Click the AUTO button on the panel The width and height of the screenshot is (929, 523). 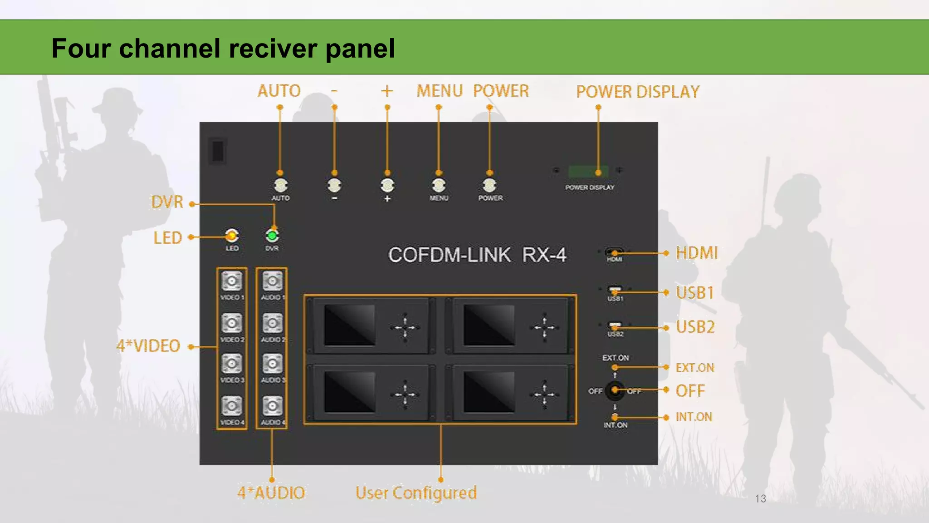(x=281, y=185)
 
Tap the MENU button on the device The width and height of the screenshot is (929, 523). (x=439, y=185)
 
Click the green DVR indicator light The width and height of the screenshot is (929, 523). (x=272, y=236)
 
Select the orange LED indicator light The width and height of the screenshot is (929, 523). (x=232, y=236)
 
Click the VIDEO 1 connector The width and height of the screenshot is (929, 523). (x=232, y=281)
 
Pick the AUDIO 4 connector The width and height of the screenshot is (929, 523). (x=273, y=406)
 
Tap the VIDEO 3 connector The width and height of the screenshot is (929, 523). (x=232, y=364)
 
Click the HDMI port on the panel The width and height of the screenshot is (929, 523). (x=614, y=253)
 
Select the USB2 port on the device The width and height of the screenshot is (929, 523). (x=615, y=327)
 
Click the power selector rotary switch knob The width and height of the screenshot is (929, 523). (x=615, y=390)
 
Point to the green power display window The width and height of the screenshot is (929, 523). (x=588, y=172)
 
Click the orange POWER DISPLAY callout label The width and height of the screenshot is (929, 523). (x=638, y=92)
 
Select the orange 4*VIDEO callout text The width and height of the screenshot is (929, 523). (x=148, y=346)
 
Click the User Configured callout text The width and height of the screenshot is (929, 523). (x=416, y=493)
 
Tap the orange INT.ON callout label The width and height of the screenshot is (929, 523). (x=694, y=417)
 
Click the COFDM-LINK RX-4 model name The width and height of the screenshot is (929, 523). (x=477, y=255)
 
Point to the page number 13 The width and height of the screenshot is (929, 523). (x=760, y=498)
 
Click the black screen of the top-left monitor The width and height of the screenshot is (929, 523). (x=349, y=325)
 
